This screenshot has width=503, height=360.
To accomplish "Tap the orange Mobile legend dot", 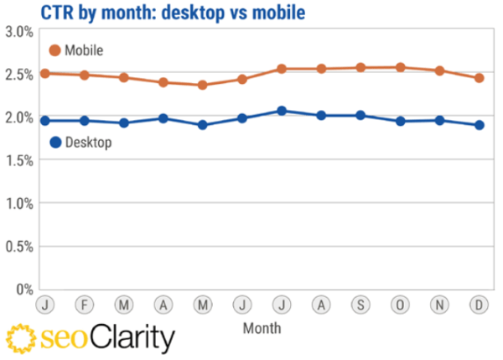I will pyautogui.click(x=56, y=50).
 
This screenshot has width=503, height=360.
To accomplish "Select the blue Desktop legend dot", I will pyautogui.click(x=56, y=142).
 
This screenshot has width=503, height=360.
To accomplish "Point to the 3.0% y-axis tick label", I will pyautogui.click(x=18, y=32).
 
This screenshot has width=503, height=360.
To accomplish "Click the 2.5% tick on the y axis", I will pyautogui.click(x=18, y=75).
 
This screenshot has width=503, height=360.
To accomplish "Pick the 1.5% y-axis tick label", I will pyautogui.click(x=18, y=160).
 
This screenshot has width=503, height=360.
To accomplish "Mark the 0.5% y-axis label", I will pyautogui.click(x=18, y=247).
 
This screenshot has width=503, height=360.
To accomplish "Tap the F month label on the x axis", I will pyautogui.click(x=84, y=304).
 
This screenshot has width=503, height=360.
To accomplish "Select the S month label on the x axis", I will pyautogui.click(x=360, y=304).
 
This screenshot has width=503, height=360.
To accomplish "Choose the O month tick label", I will pyautogui.click(x=401, y=304).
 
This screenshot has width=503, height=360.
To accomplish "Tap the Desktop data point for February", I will pyautogui.click(x=84, y=121).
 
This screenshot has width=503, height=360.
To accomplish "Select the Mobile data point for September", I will pyautogui.click(x=360, y=67).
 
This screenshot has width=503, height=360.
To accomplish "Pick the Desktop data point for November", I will pyautogui.click(x=440, y=120).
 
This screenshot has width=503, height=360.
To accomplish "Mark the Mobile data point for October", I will pyautogui.click(x=401, y=67).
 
